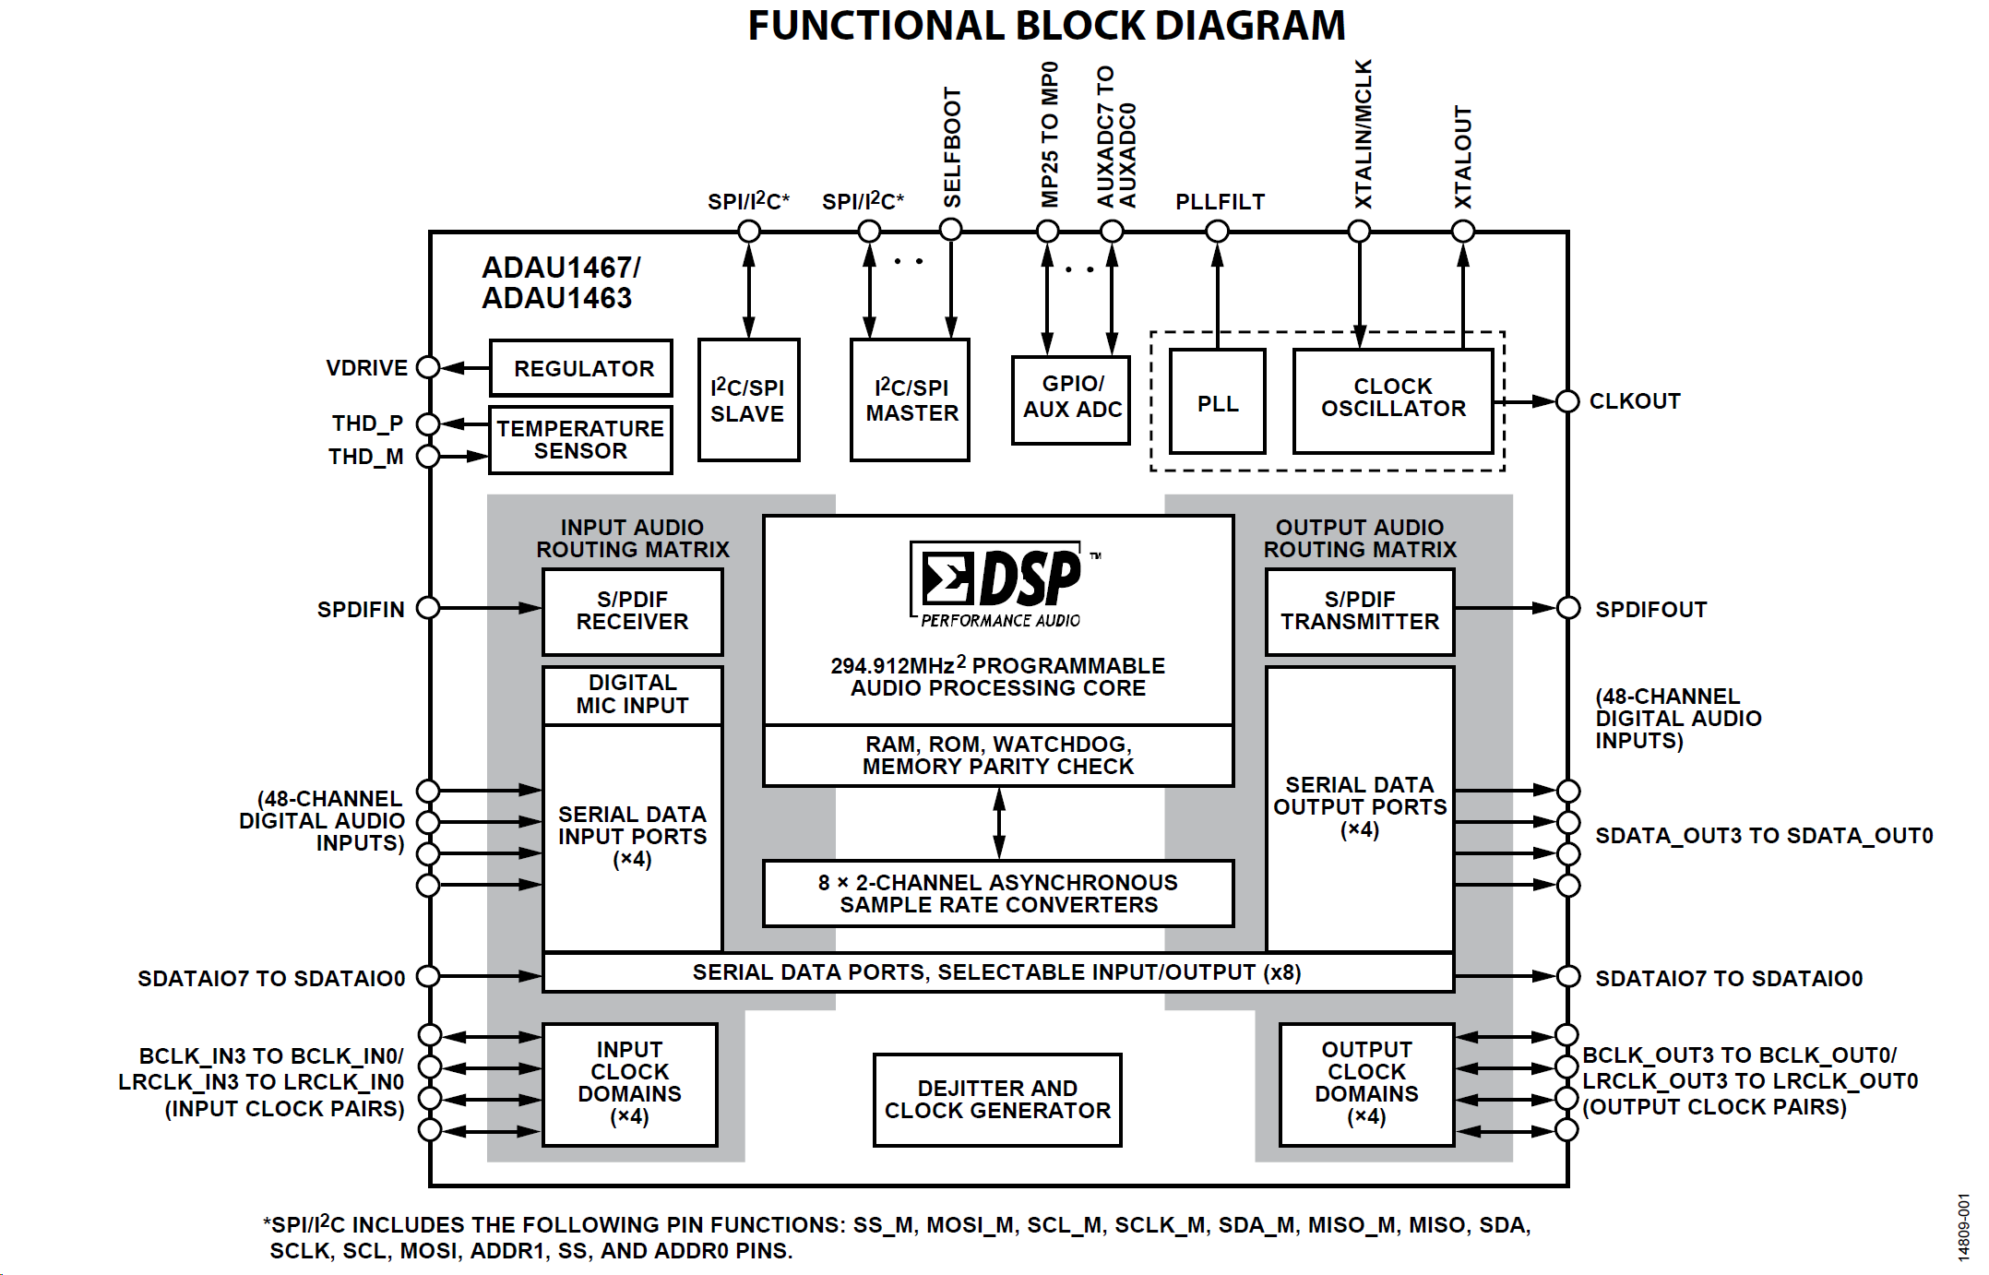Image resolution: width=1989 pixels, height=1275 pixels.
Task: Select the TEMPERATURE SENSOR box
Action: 580,440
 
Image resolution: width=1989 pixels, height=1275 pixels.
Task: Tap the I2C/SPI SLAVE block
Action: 748,399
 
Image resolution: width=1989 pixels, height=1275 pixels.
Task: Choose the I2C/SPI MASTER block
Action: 910,399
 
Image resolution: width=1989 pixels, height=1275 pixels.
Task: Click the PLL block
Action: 1217,402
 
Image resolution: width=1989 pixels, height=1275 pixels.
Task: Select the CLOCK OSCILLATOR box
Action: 1392,400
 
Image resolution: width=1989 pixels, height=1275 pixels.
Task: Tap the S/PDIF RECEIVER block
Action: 632,611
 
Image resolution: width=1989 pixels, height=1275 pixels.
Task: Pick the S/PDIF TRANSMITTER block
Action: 1360,611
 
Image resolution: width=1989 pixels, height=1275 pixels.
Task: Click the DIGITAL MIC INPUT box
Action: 632,695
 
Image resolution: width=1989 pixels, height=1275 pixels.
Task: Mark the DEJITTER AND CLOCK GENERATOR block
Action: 997,1100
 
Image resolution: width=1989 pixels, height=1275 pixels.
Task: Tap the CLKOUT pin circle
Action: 1567,401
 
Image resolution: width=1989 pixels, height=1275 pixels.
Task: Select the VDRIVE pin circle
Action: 428,367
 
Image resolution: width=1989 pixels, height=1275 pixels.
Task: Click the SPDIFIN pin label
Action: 361,610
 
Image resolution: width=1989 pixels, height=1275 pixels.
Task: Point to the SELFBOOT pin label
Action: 952,148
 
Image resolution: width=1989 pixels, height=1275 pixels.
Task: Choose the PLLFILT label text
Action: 1220,202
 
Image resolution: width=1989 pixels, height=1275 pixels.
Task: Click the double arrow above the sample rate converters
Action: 999,824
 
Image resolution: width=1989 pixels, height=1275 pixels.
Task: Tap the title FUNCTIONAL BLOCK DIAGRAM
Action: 1046,26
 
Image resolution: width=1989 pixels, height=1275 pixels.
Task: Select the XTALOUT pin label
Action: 1463,157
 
